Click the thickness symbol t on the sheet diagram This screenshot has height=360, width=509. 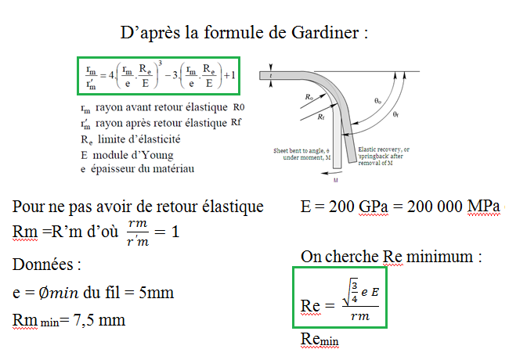click(x=270, y=76)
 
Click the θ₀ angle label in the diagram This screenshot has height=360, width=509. click(x=379, y=101)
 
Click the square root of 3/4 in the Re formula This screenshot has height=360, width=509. click(x=340, y=291)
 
